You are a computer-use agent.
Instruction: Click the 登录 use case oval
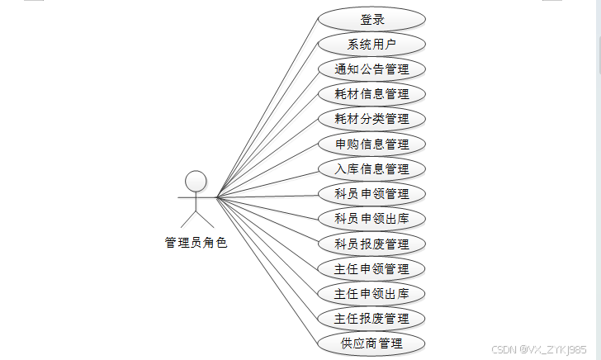371,19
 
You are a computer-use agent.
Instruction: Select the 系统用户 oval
371,44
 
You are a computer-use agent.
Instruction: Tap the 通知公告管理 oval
371,69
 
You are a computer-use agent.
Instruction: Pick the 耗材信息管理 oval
371,93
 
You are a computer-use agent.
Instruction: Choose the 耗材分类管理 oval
371,118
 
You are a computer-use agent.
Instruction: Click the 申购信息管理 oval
371,144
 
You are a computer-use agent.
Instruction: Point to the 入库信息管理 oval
371,168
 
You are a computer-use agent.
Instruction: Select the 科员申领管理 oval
371,193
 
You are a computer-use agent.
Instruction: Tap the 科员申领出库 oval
371,218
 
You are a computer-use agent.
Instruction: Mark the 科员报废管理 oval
371,244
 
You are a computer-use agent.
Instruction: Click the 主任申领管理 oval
371,268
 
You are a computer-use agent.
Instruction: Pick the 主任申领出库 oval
371,293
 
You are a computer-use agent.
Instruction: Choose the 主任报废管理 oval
371,318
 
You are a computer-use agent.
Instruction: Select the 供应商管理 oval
371,343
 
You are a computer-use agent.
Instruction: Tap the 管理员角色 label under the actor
196,243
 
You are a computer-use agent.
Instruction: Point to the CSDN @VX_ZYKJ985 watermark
538,349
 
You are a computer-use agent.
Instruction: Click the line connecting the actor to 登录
267,107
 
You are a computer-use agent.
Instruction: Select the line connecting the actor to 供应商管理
267,269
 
